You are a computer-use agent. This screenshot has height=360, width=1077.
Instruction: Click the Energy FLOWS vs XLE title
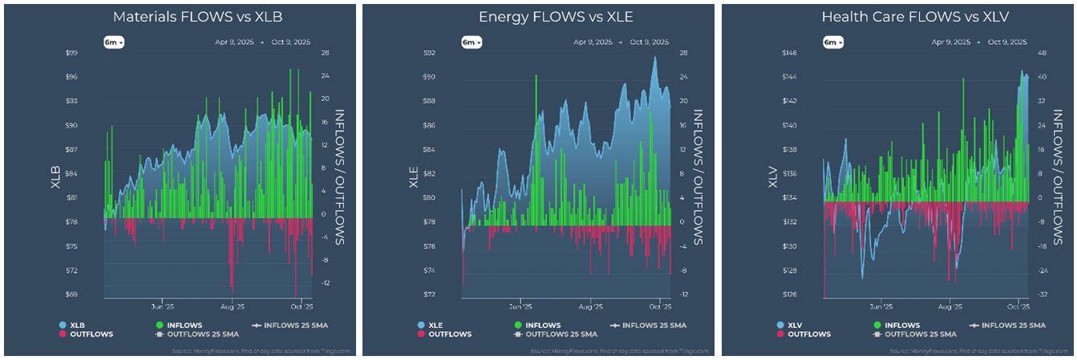click(538, 17)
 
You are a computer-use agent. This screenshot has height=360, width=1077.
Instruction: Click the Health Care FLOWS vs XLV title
click(897, 17)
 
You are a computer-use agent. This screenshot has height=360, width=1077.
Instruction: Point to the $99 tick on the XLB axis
click(71, 53)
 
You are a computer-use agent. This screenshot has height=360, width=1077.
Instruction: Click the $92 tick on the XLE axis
click(431, 53)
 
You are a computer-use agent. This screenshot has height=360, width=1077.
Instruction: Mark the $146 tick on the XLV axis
click(790, 53)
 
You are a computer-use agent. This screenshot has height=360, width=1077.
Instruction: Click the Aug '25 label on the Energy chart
click(590, 305)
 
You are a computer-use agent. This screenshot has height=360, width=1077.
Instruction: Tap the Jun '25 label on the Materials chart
click(162, 305)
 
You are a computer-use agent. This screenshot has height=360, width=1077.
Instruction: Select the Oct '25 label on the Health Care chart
click(1017, 305)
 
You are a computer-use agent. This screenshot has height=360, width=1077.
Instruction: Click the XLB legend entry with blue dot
click(73, 325)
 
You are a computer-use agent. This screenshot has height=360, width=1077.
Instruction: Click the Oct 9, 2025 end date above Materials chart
click(292, 42)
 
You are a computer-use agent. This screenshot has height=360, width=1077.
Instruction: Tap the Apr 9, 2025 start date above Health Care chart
click(951, 42)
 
